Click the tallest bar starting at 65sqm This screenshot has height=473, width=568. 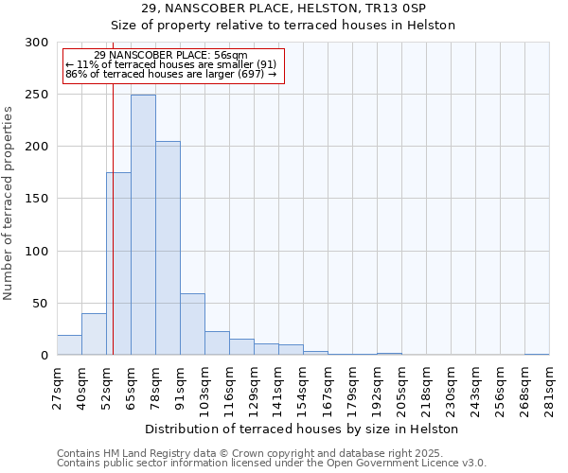143,225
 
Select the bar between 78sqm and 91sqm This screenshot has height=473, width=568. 168,248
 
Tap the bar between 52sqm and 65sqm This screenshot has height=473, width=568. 118,264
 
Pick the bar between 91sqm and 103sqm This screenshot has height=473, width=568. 192,324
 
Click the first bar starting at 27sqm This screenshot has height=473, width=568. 69,345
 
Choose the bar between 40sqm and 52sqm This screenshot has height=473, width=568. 94,334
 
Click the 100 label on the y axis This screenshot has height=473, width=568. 37,252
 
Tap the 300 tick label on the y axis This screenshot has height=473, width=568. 37,43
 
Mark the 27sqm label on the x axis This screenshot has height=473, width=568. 57,388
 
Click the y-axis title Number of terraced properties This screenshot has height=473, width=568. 9,202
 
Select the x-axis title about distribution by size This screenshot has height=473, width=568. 302,429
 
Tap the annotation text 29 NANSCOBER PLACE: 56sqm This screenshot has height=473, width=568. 171,56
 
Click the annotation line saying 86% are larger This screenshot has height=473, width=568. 171,74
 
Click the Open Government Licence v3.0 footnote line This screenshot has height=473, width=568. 271,464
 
